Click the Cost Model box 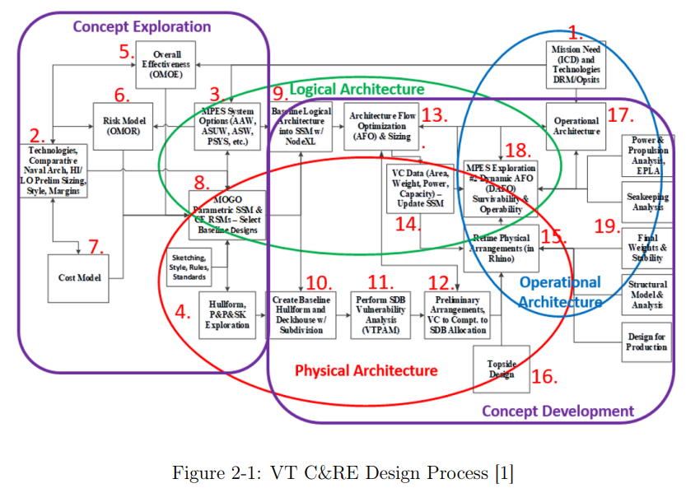coord(79,278)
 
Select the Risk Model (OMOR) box coord(121,125)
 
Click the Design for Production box coord(646,342)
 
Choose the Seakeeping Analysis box coord(646,202)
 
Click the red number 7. coord(96,247)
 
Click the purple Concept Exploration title coord(142,26)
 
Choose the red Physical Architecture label coord(366,370)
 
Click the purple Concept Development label coord(558,411)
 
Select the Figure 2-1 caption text coord(343,472)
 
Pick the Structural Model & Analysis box coord(646,295)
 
